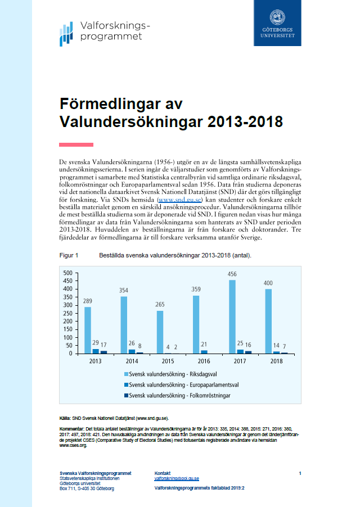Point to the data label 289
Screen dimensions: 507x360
click(88, 301)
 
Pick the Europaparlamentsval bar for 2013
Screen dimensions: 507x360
click(96, 351)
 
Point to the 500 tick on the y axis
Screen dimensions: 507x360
click(68, 273)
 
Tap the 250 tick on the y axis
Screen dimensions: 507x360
click(68, 313)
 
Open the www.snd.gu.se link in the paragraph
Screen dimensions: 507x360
click(180, 200)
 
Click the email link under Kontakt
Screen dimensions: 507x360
click(177, 478)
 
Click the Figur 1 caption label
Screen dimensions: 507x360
click(69, 255)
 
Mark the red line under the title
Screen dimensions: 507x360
click(76, 144)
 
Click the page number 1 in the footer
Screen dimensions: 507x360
click(300, 473)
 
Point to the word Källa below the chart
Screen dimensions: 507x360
click(65, 418)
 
